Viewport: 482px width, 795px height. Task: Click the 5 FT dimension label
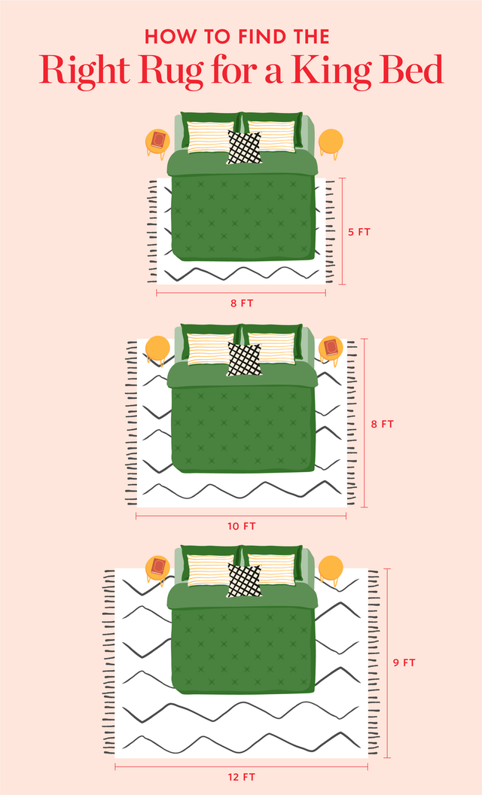pos(359,233)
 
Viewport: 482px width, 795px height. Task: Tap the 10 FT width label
pos(242,526)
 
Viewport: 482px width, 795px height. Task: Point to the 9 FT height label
pos(404,663)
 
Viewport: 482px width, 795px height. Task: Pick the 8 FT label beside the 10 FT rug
pos(383,424)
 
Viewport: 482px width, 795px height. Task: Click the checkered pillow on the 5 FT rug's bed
pos(245,148)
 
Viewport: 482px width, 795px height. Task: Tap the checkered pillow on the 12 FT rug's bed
pos(245,580)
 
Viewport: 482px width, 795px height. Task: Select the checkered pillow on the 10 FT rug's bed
pos(245,359)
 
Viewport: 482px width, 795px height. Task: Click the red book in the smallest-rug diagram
pos(158,139)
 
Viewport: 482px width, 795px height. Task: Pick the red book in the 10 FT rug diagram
pos(330,347)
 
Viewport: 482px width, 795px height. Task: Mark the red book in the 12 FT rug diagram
pos(158,566)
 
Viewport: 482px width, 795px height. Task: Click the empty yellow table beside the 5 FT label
pos(331,141)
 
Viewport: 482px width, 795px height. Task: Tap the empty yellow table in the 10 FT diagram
pos(157,349)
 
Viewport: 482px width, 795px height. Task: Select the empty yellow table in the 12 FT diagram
pos(331,568)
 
